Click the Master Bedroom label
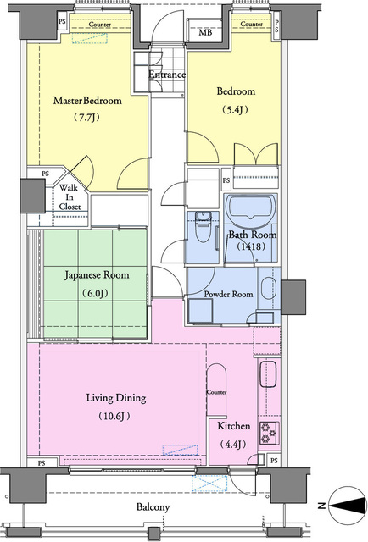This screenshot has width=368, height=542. point(87,101)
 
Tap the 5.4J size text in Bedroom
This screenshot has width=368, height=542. point(236,110)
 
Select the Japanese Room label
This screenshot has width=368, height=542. point(97,275)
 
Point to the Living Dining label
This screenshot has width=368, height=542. point(116,398)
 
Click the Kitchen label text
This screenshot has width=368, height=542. point(234,426)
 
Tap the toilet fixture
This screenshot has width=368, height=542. point(203,227)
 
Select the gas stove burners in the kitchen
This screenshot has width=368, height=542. point(269,433)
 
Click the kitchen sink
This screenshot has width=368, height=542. point(268,374)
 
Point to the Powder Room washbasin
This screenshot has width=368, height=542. point(269,288)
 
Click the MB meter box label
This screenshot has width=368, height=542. point(205,33)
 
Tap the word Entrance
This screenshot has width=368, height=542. point(167,75)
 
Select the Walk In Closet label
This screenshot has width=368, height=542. point(70,197)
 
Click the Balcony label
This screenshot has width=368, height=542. point(153,507)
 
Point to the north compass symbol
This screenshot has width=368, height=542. point(348,506)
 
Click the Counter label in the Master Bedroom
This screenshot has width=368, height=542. point(100,25)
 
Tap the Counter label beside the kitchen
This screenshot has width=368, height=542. point(217,392)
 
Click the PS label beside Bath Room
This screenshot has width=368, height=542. point(226,180)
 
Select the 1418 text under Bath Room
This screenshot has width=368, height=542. point(251,246)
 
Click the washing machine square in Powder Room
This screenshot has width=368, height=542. point(201,311)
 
